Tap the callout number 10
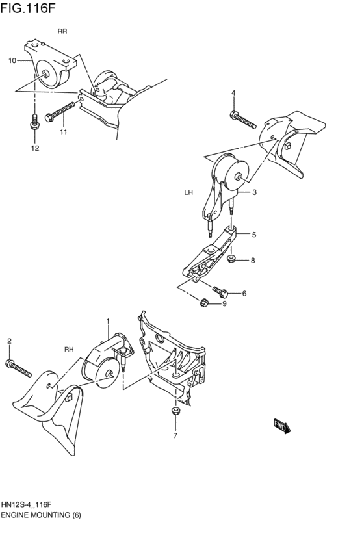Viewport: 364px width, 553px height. point(12,60)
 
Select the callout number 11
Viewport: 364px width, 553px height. point(64,132)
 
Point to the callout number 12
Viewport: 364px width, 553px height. point(35,148)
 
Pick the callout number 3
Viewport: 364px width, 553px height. point(254,192)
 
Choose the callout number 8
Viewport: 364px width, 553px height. point(253,261)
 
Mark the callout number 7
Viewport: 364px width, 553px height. point(175,435)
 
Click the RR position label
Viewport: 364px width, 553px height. point(62,31)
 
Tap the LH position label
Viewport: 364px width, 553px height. point(189,193)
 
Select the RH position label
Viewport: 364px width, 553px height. point(69,350)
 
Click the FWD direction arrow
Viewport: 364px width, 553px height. point(281,426)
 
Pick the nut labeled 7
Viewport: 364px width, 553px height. point(174,411)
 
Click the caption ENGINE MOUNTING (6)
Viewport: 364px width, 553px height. point(40,514)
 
